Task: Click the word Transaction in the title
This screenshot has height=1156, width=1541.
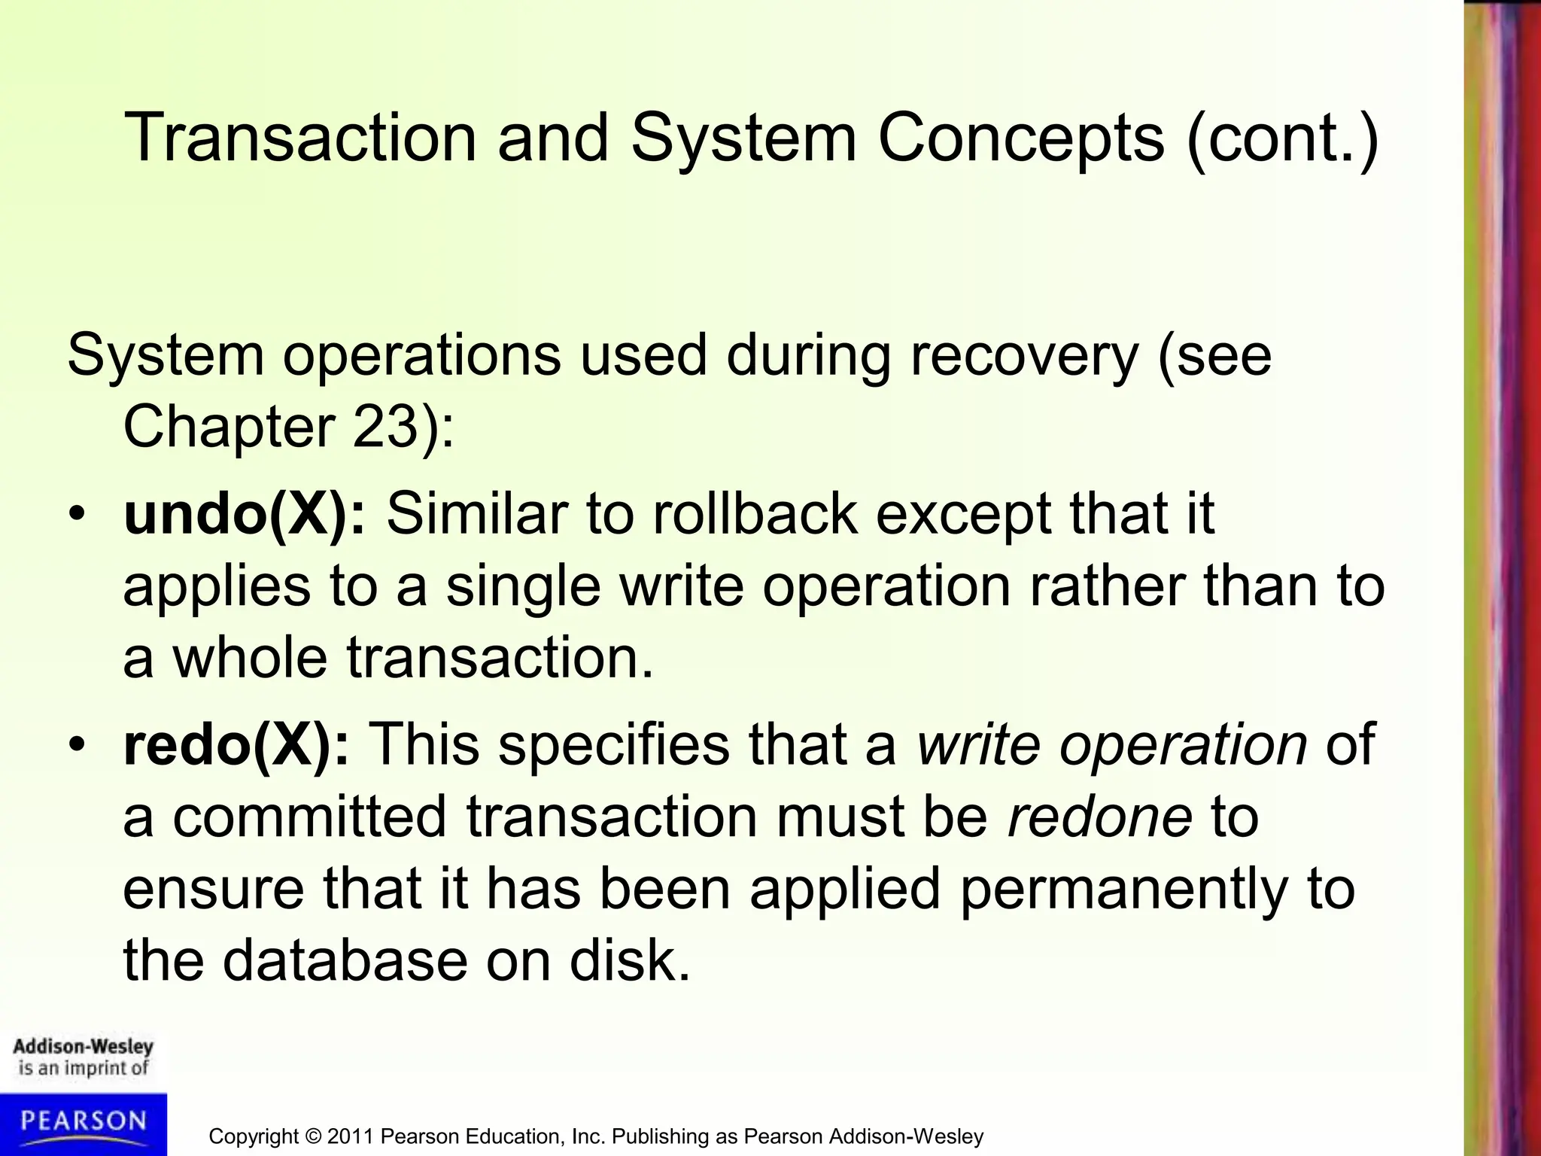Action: coord(300,138)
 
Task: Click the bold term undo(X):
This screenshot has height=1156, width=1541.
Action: coord(244,514)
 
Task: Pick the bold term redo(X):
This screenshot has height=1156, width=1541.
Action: coord(236,744)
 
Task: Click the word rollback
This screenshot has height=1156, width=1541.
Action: coord(755,514)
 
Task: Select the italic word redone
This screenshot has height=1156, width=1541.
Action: coord(1099,817)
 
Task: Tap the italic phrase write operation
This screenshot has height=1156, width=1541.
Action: coord(1112,744)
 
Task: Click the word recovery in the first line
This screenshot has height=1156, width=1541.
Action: coord(1024,356)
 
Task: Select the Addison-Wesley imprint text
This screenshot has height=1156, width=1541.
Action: coord(83,1047)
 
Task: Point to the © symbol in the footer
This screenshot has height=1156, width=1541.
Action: coord(313,1136)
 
